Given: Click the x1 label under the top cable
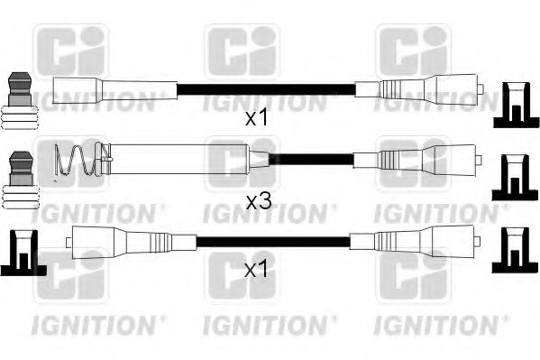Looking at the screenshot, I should [x=259, y=117].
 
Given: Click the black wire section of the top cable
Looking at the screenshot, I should [x=267, y=89].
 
